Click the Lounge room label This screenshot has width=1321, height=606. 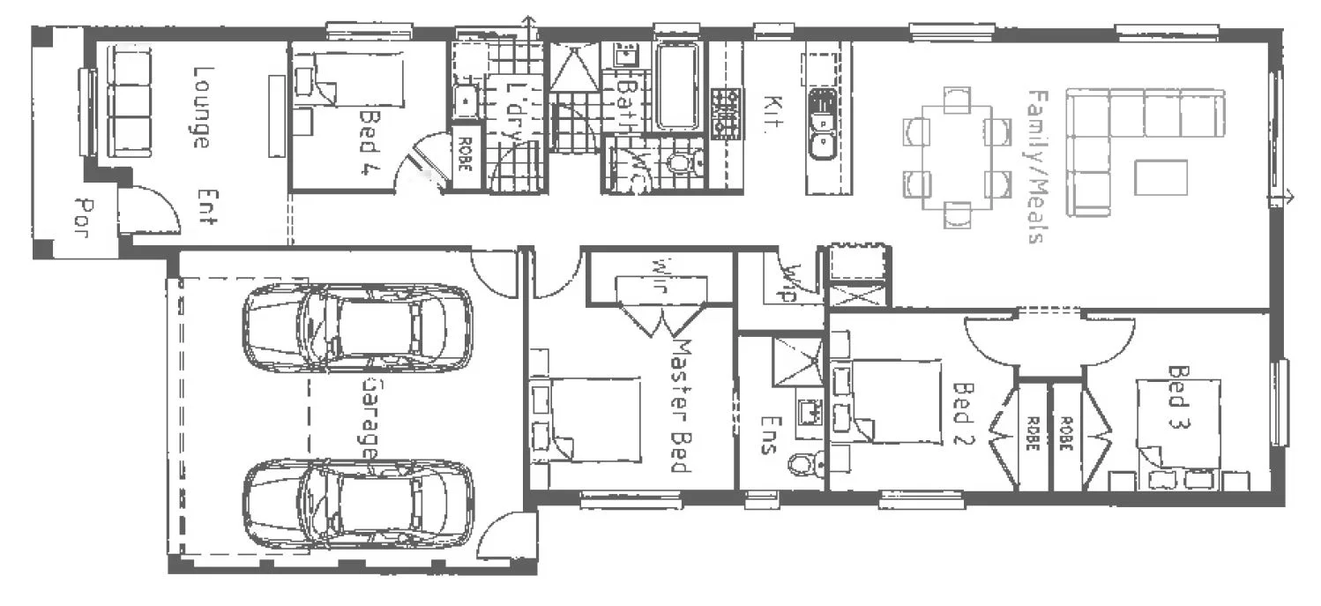click(x=200, y=107)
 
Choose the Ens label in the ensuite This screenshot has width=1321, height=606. click(x=767, y=435)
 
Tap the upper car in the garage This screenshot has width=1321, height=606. click(x=357, y=326)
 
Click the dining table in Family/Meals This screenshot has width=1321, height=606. click(x=956, y=158)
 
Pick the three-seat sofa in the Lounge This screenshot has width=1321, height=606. click(x=129, y=101)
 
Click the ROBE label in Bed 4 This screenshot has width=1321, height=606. click(x=464, y=158)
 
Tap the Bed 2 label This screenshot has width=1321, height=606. click(x=965, y=415)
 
